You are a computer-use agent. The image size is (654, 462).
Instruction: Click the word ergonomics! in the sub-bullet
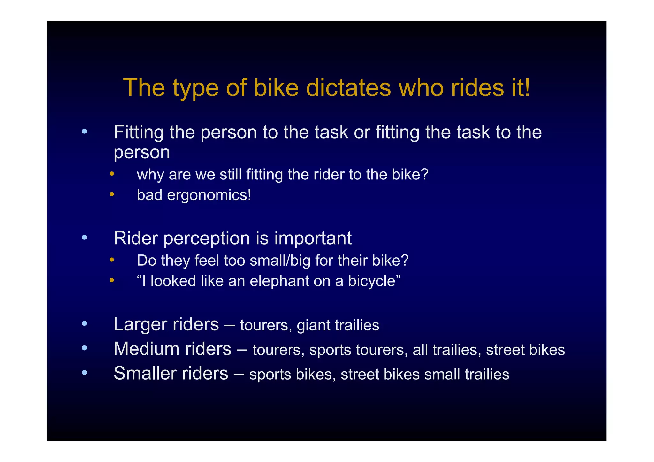pos(209,195)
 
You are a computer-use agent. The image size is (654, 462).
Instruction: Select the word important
pos(313,239)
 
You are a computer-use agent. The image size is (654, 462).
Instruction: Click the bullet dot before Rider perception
pos(84,237)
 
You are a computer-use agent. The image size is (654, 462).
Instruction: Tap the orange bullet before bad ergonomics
pos(111,194)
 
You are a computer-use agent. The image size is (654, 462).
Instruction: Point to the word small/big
pos(280,261)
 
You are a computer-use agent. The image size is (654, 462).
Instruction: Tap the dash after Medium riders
pos(242,349)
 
